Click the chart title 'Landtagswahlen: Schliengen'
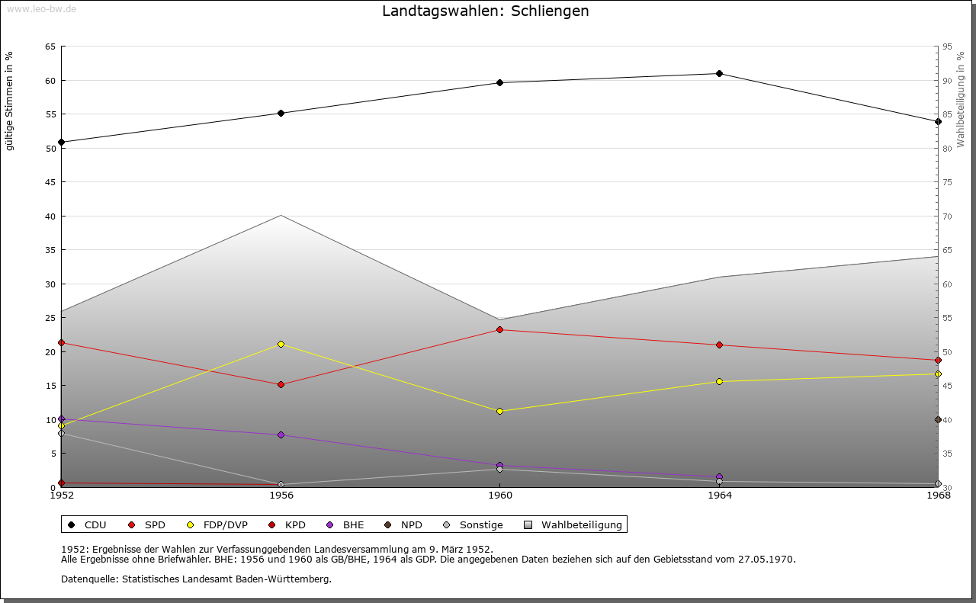click(485, 11)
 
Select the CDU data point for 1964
click(719, 74)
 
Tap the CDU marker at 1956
click(281, 114)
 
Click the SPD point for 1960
click(499, 330)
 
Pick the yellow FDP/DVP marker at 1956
click(281, 345)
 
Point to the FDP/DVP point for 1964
click(719, 382)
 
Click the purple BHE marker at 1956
click(281, 435)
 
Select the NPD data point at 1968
click(938, 420)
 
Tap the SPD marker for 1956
click(281, 385)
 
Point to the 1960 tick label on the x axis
click(500, 496)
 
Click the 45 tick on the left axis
click(50, 182)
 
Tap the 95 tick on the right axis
click(948, 47)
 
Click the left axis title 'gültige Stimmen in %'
click(10, 101)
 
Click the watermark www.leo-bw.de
click(41, 8)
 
